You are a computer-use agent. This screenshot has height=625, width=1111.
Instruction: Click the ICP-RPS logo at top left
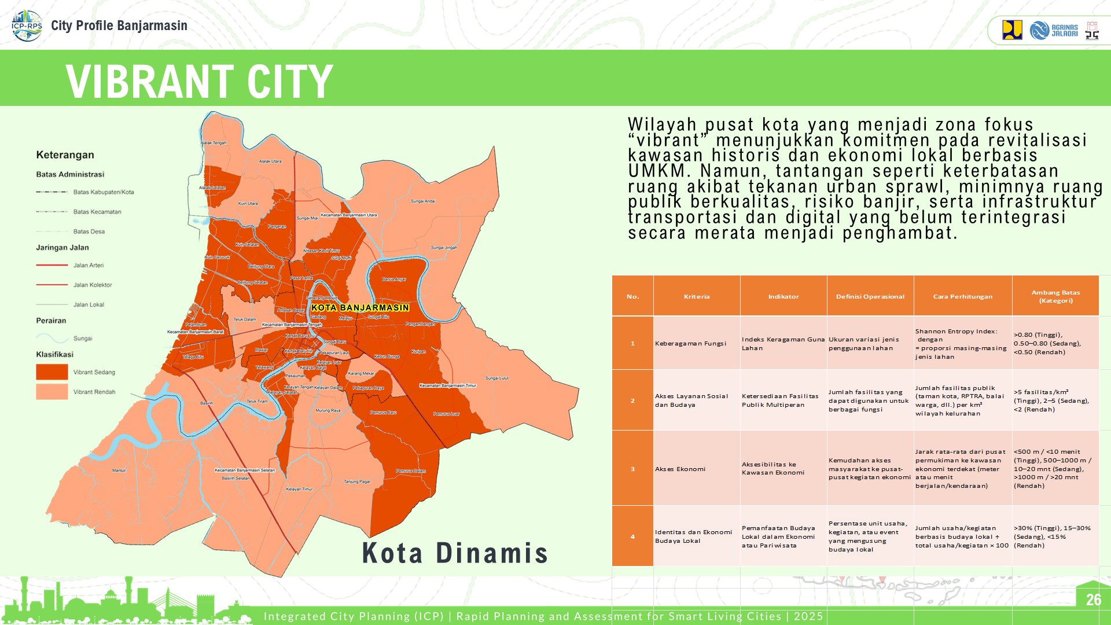tap(27, 25)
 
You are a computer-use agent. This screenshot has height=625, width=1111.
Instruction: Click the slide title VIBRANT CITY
tap(199, 81)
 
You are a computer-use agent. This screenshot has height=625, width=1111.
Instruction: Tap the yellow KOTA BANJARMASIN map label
tap(360, 307)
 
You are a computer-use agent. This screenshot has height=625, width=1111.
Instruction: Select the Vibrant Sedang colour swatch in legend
tap(52, 372)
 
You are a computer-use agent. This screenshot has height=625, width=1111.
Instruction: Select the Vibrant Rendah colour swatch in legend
tap(52, 392)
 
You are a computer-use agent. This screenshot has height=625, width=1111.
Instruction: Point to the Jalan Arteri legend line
tap(52, 265)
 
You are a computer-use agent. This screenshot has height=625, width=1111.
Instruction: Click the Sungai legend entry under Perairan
tap(82, 338)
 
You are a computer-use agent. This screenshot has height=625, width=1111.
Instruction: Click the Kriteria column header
tap(696, 296)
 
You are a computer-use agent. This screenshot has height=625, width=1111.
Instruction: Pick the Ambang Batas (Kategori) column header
tap(1055, 296)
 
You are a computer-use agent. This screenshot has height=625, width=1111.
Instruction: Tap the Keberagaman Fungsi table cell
tap(690, 343)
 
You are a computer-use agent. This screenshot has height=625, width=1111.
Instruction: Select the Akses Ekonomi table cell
tap(680, 469)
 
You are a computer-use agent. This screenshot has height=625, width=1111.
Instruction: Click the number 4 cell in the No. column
tap(632, 536)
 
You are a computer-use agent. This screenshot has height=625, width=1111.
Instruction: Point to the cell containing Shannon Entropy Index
tap(962, 344)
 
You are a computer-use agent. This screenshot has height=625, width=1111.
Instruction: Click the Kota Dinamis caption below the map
tap(455, 553)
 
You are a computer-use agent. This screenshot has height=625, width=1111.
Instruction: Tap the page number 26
tap(1093, 600)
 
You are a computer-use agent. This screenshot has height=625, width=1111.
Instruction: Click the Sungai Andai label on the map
tap(423, 201)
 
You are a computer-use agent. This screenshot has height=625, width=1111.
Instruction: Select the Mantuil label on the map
tap(119, 470)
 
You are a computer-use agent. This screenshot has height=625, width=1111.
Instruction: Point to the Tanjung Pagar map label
tap(357, 481)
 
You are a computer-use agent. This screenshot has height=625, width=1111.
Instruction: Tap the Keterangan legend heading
tap(65, 155)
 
